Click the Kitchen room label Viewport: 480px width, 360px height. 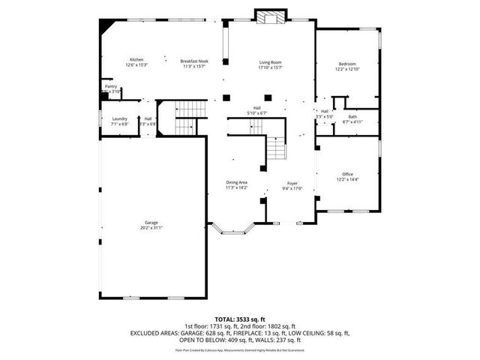pos(136,60)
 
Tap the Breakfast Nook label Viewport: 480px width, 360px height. pos(194,60)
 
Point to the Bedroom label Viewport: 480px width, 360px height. pos(346,64)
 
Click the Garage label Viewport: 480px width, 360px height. pos(151,222)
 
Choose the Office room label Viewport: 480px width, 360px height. pos(347,174)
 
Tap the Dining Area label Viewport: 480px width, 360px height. pos(237,182)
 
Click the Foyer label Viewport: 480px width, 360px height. pos(291,182)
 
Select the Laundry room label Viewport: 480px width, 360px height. pos(119,119)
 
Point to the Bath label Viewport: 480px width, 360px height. pos(352,116)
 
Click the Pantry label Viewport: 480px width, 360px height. pos(110,86)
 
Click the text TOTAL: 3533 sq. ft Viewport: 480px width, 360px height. pos(240,319)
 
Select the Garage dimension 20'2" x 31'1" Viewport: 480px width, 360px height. pos(151,227)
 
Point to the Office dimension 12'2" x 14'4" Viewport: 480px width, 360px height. pos(347,179)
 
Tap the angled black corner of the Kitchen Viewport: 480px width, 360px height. pos(107,25)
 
